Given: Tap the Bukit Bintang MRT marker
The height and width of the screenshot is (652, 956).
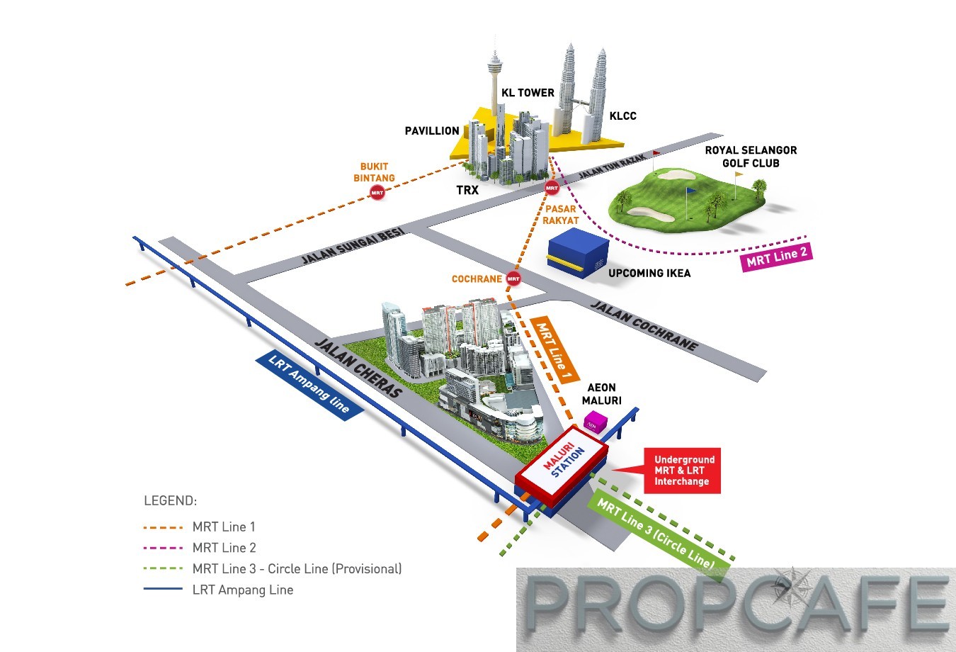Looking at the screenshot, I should click(x=377, y=192).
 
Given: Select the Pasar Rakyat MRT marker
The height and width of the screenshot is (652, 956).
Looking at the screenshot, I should click(x=552, y=189).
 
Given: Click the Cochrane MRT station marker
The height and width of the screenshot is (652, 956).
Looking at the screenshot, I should click(x=513, y=279).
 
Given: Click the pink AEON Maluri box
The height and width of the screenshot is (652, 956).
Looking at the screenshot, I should click(x=594, y=423).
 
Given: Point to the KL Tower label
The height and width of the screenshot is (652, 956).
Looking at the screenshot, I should click(x=528, y=93).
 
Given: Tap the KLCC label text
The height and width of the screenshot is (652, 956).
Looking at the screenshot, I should click(x=622, y=116).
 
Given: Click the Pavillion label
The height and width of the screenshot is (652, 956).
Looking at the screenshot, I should click(x=432, y=131).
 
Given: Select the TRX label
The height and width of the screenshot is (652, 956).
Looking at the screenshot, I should click(x=467, y=190).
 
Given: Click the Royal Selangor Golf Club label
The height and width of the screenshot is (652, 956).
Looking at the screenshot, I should click(x=751, y=157).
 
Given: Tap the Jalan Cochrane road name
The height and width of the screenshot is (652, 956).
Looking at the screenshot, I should click(x=644, y=325).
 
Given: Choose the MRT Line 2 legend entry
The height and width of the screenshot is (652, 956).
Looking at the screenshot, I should click(x=224, y=548).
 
